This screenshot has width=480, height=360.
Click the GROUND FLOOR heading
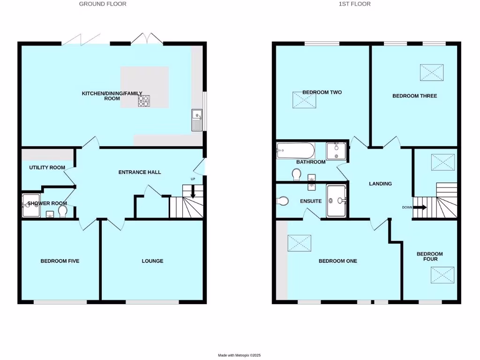click(x=103, y=4)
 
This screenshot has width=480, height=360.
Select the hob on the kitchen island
click(x=143, y=100)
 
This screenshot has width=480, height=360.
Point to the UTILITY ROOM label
click(x=47, y=167)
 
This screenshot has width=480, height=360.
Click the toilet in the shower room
click(x=63, y=213)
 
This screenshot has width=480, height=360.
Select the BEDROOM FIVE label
click(x=60, y=261)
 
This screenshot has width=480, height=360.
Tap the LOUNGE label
click(x=152, y=261)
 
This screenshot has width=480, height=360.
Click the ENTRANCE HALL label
click(x=139, y=172)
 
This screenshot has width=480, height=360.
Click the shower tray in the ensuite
click(x=336, y=201)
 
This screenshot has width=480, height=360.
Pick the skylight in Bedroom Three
click(x=432, y=73)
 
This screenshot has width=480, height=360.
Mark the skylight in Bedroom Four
click(x=443, y=275)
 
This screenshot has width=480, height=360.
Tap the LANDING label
click(x=380, y=184)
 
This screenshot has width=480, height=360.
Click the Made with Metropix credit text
click(x=240, y=355)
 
